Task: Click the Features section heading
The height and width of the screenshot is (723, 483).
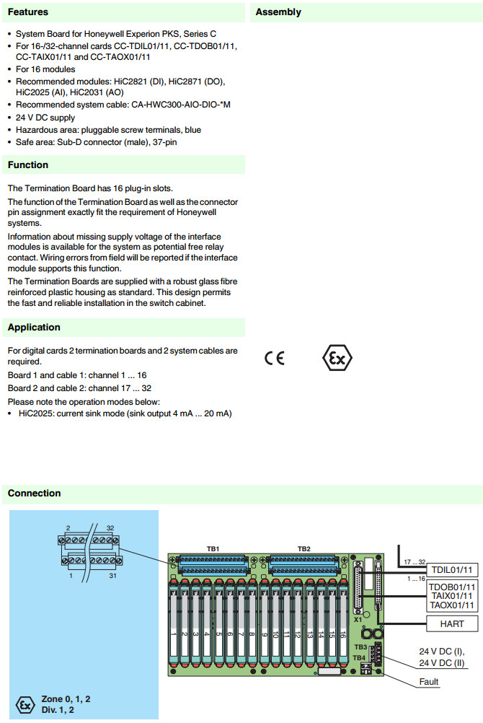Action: tap(28, 12)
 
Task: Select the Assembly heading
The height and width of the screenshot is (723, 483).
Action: tap(278, 12)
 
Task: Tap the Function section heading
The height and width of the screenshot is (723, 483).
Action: tap(28, 165)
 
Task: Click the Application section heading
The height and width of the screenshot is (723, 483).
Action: tap(34, 328)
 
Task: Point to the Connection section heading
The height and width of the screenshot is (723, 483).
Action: tap(34, 494)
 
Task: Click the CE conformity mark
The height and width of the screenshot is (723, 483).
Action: tap(275, 359)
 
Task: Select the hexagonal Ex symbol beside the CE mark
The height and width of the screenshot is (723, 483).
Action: tap(337, 358)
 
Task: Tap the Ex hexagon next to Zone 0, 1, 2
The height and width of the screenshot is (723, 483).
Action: tap(25, 704)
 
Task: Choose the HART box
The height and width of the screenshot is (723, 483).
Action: tap(452, 623)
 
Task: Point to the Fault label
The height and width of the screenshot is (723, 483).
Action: tap(428, 681)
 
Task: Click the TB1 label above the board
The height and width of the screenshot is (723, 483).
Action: tap(213, 549)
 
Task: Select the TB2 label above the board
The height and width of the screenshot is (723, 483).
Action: tap(304, 549)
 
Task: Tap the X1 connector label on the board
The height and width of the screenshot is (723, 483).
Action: tap(358, 620)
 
